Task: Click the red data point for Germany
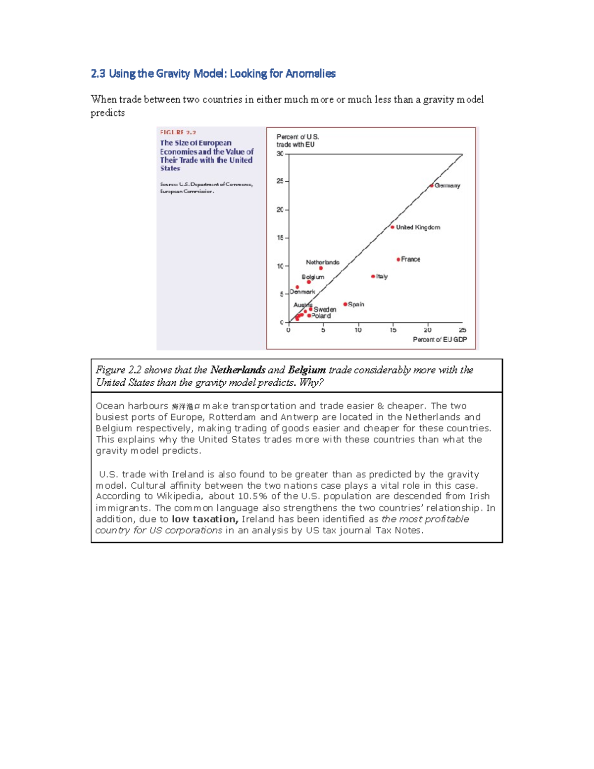pyautogui.click(x=432, y=186)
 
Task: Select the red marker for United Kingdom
pyautogui.click(x=393, y=227)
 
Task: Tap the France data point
pyautogui.click(x=398, y=259)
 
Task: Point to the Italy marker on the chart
pyautogui.click(x=373, y=276)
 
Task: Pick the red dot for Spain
pyautogui.click(x=345, y=304)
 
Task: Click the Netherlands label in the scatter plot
pyautogui.click(x=322, y=262)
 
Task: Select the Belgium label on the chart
pyautogui.click(x=313, y=277)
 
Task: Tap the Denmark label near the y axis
pyautogui.click(x=302, y=292)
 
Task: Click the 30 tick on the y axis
pyautogui.click(x=280, y=154)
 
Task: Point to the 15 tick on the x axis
pyautogui.click(x=393, y=330)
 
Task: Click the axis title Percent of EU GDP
pyautogui.click(x=440, y=340)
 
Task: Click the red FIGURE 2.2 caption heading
pyautogui.click(x=178, y=132)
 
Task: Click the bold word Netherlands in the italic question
pyautogui.click(x=238, y=370)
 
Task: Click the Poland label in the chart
pyautogui.click(x=321, y=316)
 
